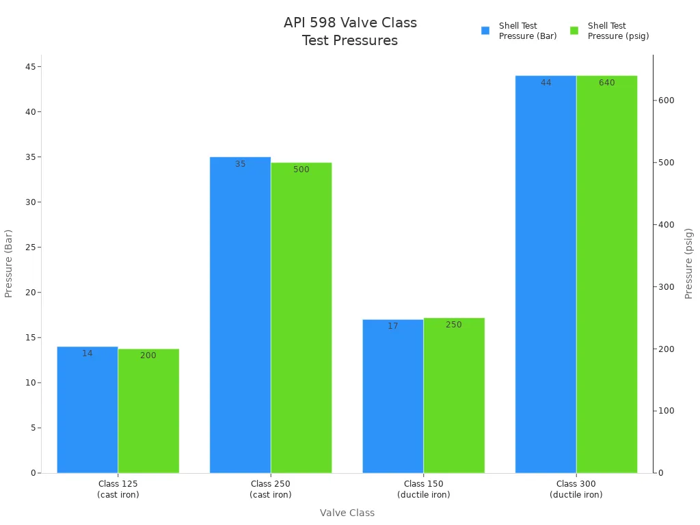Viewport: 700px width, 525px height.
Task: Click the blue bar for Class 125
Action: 87,410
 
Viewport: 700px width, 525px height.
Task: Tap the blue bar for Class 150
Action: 393,396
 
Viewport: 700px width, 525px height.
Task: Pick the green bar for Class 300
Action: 607,273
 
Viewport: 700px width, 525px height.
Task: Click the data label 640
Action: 607,83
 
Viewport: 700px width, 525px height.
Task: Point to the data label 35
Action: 241,164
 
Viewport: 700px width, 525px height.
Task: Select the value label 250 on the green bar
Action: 454,325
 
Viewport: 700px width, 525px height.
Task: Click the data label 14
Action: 87,353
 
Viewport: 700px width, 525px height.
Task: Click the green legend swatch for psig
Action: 574,31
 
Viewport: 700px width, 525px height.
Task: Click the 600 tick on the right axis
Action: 666,100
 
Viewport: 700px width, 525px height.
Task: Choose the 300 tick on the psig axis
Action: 666,287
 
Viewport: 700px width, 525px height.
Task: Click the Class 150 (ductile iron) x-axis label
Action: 424,489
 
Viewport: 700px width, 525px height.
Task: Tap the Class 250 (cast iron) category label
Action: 271,489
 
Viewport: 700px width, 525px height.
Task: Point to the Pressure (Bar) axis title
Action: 9,263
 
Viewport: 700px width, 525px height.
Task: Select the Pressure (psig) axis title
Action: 689,263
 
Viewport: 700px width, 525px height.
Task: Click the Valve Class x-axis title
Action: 347,513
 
